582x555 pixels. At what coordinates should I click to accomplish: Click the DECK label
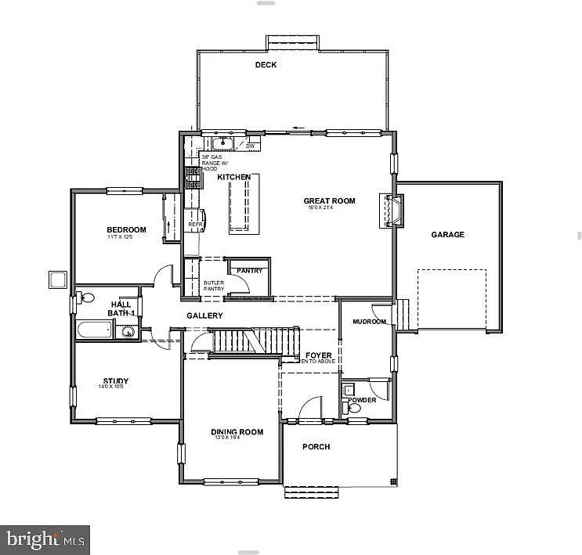[x=266, y=65]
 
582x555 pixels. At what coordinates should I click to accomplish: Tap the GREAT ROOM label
[x=329, y=201]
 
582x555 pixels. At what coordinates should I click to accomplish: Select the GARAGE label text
[x=447, y=235]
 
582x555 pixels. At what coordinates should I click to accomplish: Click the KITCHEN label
[x=233, y=178]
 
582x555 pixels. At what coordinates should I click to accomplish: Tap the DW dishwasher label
[x=251, y=146]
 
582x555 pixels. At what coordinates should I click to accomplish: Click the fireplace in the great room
[x=394, y=211]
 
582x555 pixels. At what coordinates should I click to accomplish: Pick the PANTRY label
[x=249, y=271]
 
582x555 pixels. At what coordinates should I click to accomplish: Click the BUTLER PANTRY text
[x=214, y=286]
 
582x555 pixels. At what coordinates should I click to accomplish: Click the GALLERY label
[x=204, y=315]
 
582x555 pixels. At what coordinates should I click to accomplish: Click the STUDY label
[x=115, y=382]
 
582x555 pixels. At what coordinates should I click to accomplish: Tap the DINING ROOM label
[x=237, y=432]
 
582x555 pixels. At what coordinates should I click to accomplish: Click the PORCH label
[x=316, y=447]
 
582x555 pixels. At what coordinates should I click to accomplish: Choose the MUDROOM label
[x=369, y=322]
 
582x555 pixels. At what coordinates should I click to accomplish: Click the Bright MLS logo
[x=45, y=539]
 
